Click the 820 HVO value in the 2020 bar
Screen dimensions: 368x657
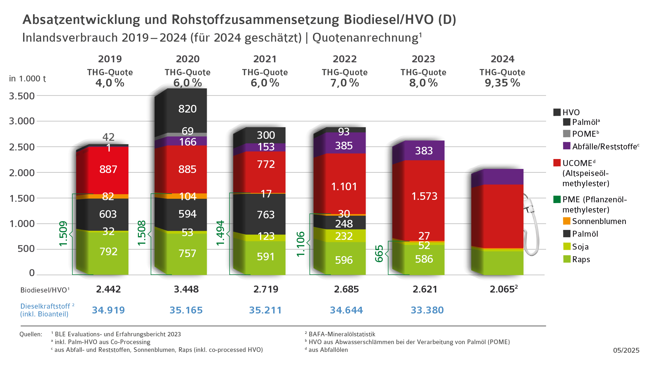pyautogui.click(x=187, y=109)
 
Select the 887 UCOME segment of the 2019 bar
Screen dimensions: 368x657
pyautogui.click(x=108, y=169)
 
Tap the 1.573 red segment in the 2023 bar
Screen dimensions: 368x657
pyautogui.click(x=424, y=196)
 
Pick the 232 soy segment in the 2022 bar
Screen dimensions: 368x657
pyautogui.click(x=344, y=236)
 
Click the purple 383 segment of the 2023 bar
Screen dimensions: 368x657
pyautogui.click(x=424, y=151)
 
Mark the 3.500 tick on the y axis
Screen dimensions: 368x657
pyautogui.click(x=22, y=96)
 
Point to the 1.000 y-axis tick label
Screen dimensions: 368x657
pyautogui.click(x=22, y=223)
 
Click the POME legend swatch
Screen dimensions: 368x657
pyautogui.click(x=566, y=134)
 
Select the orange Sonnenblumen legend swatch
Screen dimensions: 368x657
pyautogui.click(x=566, y=221)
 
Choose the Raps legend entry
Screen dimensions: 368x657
pyautogui.click(x=581, y=259)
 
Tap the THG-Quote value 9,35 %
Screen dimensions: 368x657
pyautogui.click(x=502, y=83)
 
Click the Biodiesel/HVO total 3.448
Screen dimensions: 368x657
pyautogui.click(x=186, y=289)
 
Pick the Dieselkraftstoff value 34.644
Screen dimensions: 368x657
pyautogui.click(x=346, y=310)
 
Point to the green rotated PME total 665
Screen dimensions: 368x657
pyautogui.click(x=379, y=254)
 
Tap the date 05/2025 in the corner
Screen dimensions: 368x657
pyautogui.click(x=626, y=350)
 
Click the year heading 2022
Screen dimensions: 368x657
pyautogui.click(x=345, y=59)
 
